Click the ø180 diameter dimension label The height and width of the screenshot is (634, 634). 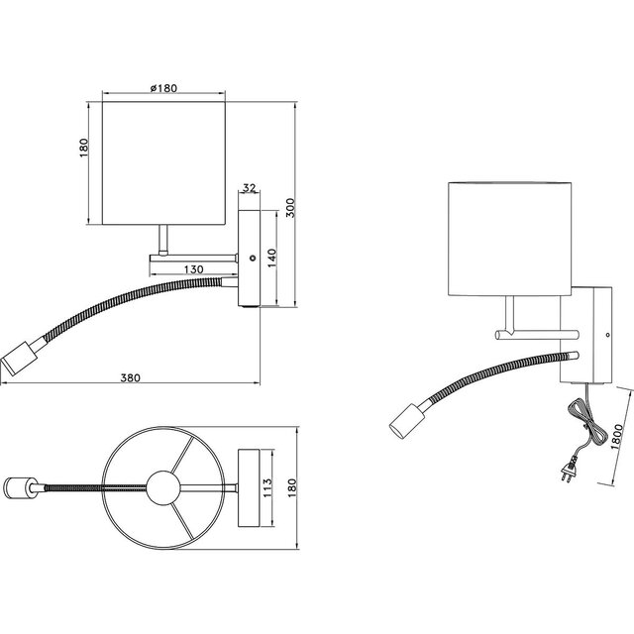163,89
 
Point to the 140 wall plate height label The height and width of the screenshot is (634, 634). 269,258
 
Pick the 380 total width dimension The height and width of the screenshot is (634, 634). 129,376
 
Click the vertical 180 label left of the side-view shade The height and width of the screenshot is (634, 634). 85,146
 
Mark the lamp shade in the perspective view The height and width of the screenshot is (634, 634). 510,238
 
